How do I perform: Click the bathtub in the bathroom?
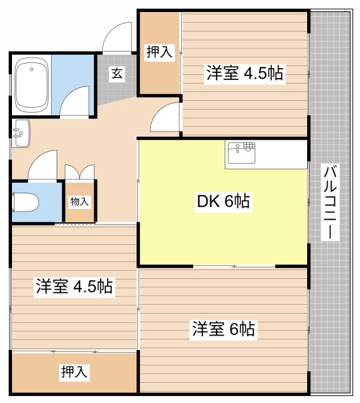[31, 84]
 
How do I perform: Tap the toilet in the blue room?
[26, 202]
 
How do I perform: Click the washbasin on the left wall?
[20, 132]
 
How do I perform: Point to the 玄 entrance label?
[118, 73]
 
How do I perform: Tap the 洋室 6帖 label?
[223, 328]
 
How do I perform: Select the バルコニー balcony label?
[330, 202]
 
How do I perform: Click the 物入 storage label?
[80, 202]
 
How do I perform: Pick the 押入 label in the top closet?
[159, 52]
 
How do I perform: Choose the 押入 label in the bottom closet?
[74, 372]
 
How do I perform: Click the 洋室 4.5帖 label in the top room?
[244, 73]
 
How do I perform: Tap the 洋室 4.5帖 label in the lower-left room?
[74, 287]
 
